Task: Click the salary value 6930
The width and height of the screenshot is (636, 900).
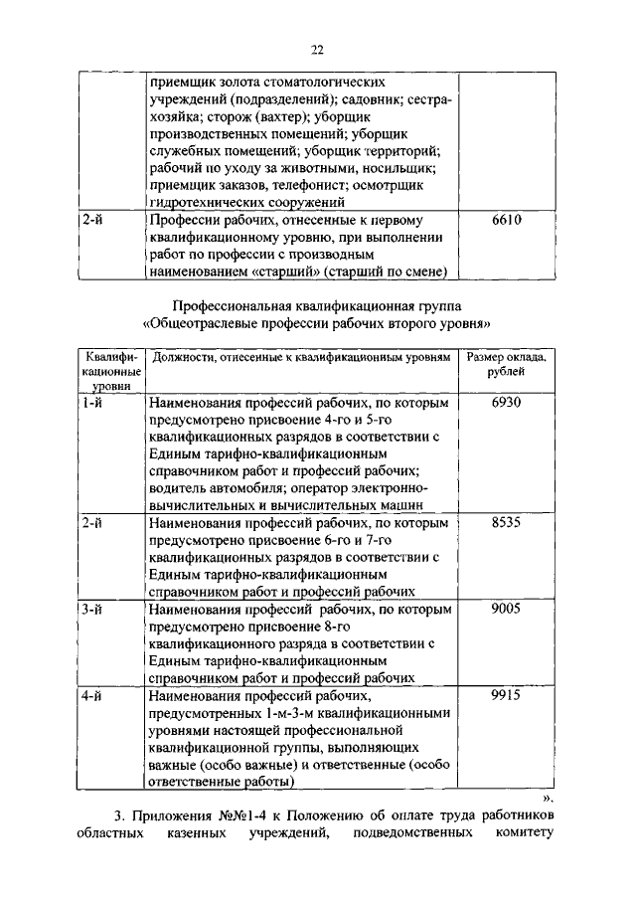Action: point(506,402)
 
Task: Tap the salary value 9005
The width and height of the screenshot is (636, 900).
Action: point(506,607)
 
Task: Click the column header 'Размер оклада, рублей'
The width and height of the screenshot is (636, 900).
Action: point(506,363)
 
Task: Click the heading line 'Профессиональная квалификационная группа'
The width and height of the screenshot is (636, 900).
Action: point(317,305)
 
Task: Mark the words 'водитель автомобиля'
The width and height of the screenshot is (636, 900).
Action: point(213,489)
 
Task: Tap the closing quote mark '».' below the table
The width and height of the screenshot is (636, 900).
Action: point(546,798)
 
